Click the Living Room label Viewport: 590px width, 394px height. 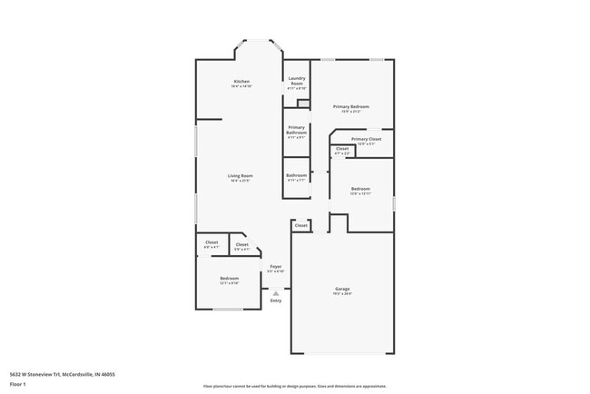pyautogui.click(x=240, y=177)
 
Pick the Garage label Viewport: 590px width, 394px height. pyautogui.click(x=342, y=291)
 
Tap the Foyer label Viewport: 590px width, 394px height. pyautogui.click(x=275, y=268)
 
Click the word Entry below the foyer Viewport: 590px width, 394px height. pyautogui.click(x=275, y=300)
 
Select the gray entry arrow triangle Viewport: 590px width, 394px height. pyautogui.click(x=275, y=292)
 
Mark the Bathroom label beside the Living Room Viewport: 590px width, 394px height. pyautogui.click(x=296, y=176)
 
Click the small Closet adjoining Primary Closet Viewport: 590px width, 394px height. pyautogui.click(x=341, y=151)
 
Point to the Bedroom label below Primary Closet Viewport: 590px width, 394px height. pyautogui.click(x=360, y=190)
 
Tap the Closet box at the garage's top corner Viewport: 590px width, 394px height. pyautogui.click(x=300, y=225)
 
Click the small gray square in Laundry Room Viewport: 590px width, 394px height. pyautogui.click(x=303, y=103)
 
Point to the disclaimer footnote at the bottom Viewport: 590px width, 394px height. pyautogui.click(x=294, y=386)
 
